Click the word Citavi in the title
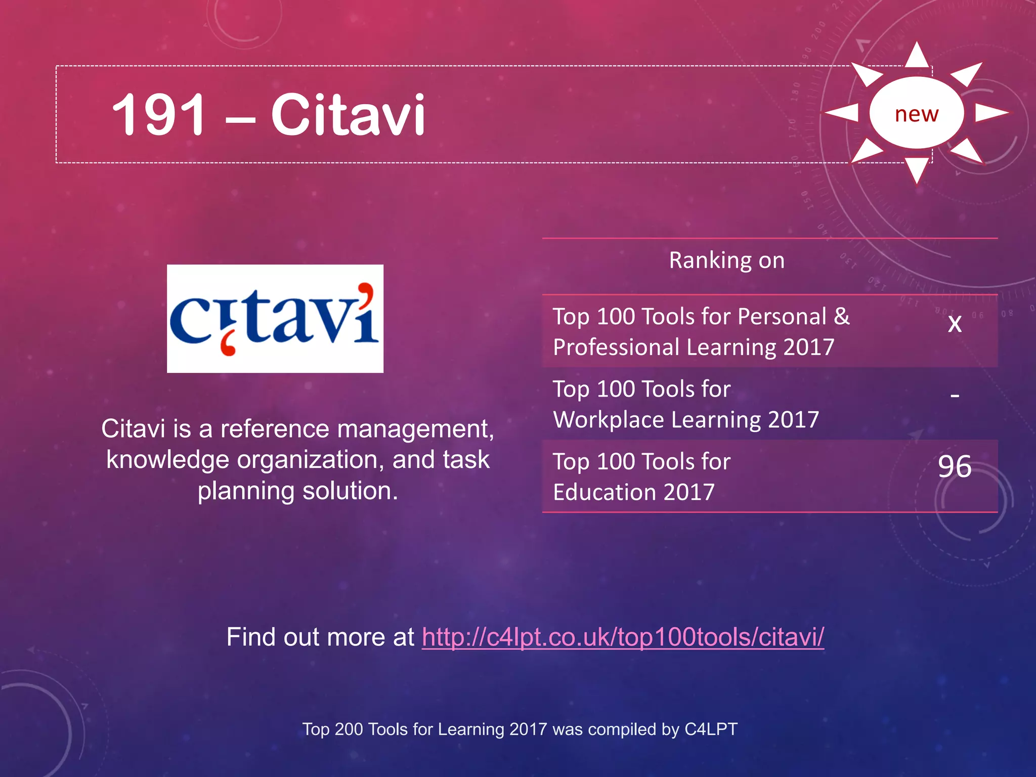pyautogui.click(x=348, y=115)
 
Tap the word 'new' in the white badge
pyautogui.click(x=916, y=114)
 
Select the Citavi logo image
pyautogui.click(x=275, y=319)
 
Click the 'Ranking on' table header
pyautogui.click(x=726, y=261)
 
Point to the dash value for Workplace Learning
pyautogui.click(x=955, y=396)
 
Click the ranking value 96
pyautogui.click(x=955, y=466)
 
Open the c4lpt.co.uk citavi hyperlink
pyautogui.click(x=623, y=637)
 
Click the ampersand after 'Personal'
pyautogui.click(x=842, y=317)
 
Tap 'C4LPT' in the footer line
pyautogui.click(x=711, y=729)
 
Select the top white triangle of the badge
pyautogui.click(x=917, y=56)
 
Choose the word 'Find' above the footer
pyautogui.click(x=251, y=637)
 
